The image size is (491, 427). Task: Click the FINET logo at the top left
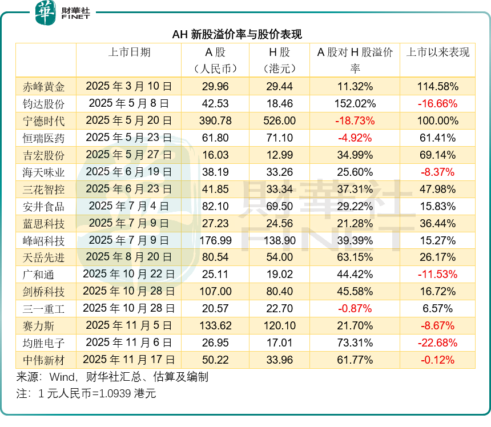(x=62, y=12)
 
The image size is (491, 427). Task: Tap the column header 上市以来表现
(x=437, y=53)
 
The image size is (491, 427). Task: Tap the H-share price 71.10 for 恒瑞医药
(x=281, y=138)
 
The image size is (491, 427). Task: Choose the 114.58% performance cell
(x=437, y=87)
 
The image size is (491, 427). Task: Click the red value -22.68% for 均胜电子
(x=437, y=343)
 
